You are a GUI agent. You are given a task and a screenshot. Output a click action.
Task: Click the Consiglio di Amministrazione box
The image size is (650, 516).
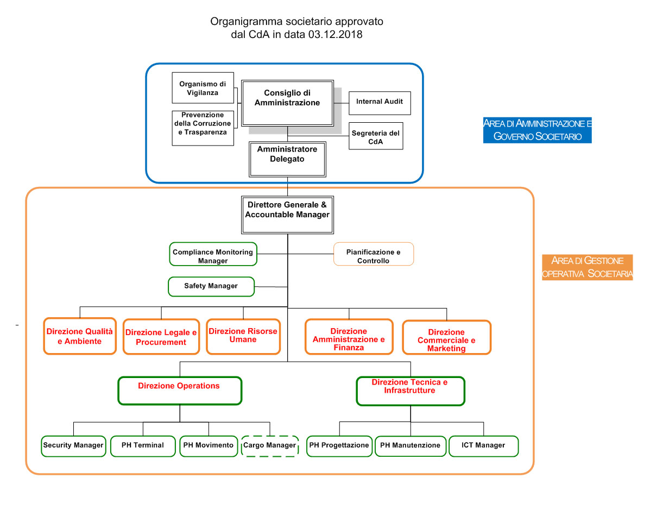[x=287, y=103]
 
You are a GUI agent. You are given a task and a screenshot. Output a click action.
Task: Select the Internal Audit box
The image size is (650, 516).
[x=380, y=103]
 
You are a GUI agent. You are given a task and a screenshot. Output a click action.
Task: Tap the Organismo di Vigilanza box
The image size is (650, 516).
[x=203, y=88]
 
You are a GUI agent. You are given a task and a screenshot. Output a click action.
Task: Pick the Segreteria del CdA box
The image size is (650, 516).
[x=376, y=136]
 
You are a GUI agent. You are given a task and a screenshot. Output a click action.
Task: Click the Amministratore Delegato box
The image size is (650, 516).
[x=287, y=159]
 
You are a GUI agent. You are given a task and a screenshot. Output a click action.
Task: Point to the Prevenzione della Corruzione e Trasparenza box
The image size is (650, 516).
[x=203, y=128]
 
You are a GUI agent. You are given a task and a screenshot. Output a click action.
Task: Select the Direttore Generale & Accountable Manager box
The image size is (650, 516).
[x=287, y=215]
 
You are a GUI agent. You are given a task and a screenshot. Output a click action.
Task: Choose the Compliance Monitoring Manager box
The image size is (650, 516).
[x=213, y=254]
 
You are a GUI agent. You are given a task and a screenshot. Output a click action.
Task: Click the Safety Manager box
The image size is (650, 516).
[x=211, y=287]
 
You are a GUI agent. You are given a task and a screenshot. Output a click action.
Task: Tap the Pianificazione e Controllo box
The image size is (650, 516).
[x=374, y=254]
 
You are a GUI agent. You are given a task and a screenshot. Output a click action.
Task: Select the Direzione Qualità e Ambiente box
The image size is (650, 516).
[x=80, y=336]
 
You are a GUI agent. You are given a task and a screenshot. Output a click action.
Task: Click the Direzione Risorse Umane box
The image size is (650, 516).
[x=243, y=336]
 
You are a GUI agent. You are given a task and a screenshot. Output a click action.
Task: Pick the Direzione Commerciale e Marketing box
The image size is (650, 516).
[x=446, y=337]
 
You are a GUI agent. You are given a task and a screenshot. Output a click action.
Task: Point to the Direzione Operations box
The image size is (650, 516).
[x=180, y=391]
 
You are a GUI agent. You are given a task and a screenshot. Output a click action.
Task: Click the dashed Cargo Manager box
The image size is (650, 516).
[x=270, y=446]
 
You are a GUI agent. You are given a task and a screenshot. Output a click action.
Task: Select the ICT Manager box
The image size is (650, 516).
[x=483, y=446]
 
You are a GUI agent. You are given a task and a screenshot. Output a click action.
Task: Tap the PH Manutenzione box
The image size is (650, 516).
[x=411, y=446]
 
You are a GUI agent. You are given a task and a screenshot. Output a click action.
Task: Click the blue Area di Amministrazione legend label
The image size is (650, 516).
[x=537, y=130]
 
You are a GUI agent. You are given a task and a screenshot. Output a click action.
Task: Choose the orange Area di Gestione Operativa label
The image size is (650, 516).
[x=588, y=268]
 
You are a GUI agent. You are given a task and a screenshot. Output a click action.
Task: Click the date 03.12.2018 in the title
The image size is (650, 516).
[x=335, y=34]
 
